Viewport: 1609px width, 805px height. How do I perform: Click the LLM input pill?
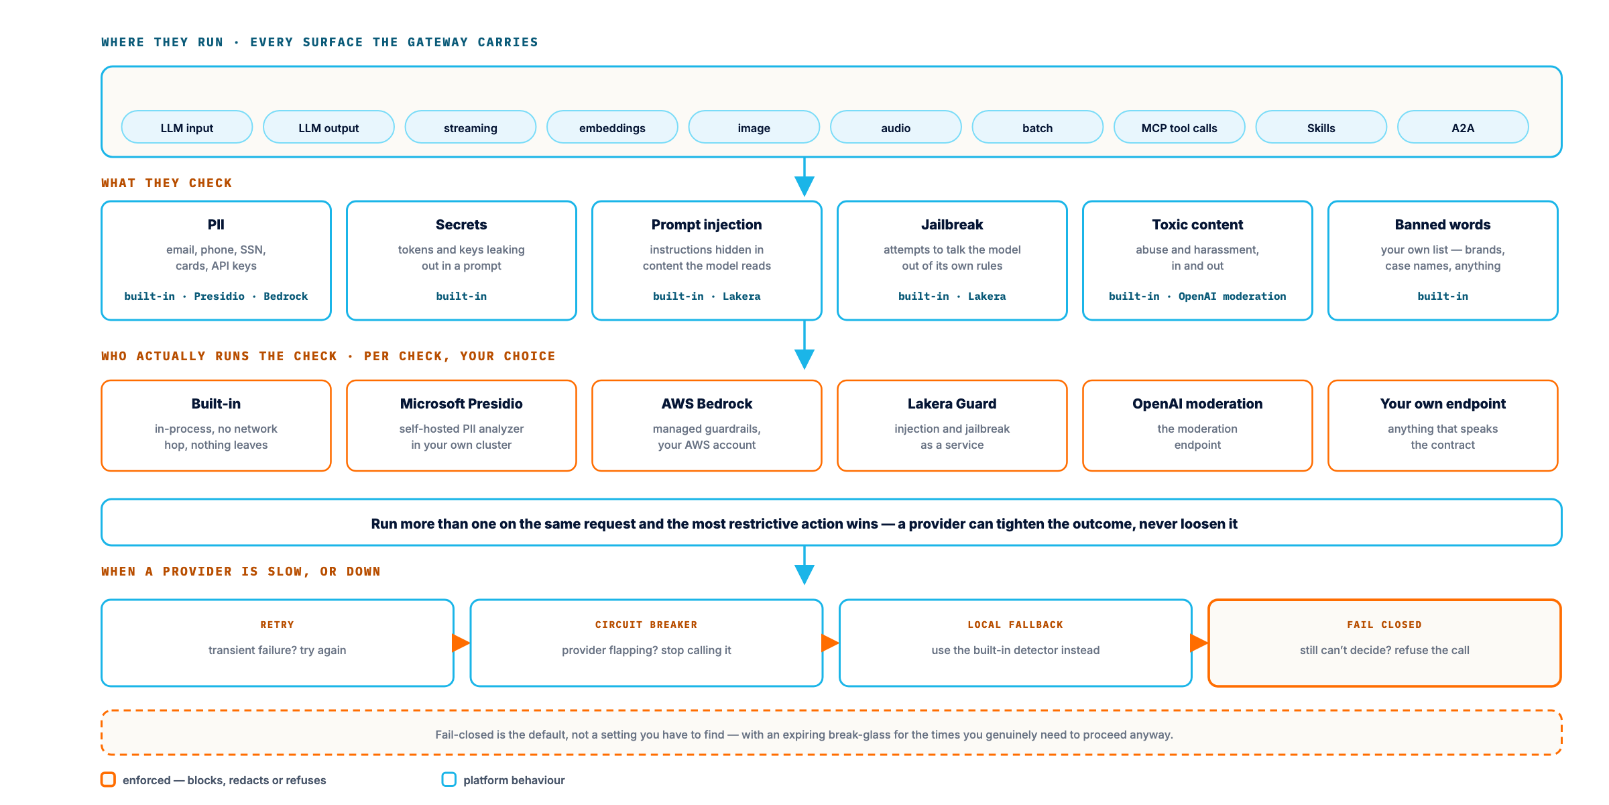tap(187, 127)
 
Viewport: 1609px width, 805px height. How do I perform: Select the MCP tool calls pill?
tap(1179, 127)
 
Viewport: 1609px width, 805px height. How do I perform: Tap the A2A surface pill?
tap(1463, 127)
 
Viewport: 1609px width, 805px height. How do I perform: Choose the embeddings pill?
tap(612, 127)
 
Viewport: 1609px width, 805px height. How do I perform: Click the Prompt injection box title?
tap(707, 225)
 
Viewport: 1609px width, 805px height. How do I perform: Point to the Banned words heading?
tap(1443, 225)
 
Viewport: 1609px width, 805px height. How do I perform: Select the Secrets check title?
tap(461, 225)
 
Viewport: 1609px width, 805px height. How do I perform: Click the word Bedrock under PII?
tap(286, 296)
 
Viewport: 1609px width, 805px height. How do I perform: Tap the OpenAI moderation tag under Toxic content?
tap(1232, 296)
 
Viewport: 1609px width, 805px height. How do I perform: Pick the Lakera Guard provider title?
tap(952, 404)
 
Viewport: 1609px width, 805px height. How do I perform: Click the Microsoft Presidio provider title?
tap(461, 404)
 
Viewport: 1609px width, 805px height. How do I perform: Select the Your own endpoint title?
tap(1443, 404)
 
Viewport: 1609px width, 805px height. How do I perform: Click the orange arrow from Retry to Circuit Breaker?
tap(461, 643)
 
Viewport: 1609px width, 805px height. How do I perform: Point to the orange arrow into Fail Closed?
tap(1199, 643)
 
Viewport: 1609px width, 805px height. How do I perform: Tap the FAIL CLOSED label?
tap(1384, 625)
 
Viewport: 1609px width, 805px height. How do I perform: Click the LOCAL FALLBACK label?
tap(1015, 625)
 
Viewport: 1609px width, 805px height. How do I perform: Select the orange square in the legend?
tap(108, 780)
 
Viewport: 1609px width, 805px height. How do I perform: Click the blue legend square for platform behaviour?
tap(449, 780)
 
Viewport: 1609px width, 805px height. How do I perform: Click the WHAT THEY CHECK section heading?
tap(167, 183)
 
